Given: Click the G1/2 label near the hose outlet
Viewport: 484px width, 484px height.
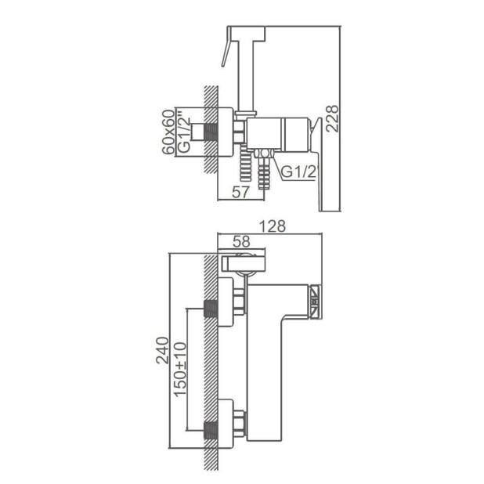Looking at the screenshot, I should pyautogui.click(x=298, y=172).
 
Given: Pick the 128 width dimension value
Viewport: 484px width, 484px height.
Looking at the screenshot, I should pyautogui.click(x=270, y=226).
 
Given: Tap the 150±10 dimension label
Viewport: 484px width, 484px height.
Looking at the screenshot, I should pyautogui.click(x=179, y=368).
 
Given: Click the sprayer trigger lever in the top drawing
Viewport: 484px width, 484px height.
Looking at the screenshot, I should pyautogui.click(x=227, y=54).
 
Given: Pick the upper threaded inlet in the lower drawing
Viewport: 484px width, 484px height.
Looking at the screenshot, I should pyautogui.click(x=210, y=307).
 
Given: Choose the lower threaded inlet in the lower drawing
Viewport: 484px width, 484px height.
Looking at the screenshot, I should pyautogui.click(x=210, y=429).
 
